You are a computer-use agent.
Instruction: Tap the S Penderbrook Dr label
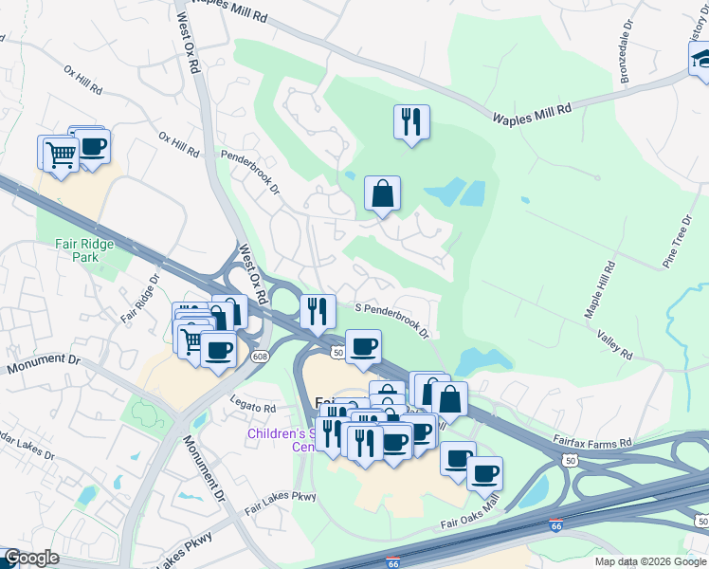tap(392, 321)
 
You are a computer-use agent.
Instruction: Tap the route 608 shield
tap(261, 356)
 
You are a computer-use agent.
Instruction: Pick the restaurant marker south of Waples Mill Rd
tap(411, 121)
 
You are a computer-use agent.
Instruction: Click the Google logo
tap(32, 558)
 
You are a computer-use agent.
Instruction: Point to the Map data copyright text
tap(650, 561)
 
